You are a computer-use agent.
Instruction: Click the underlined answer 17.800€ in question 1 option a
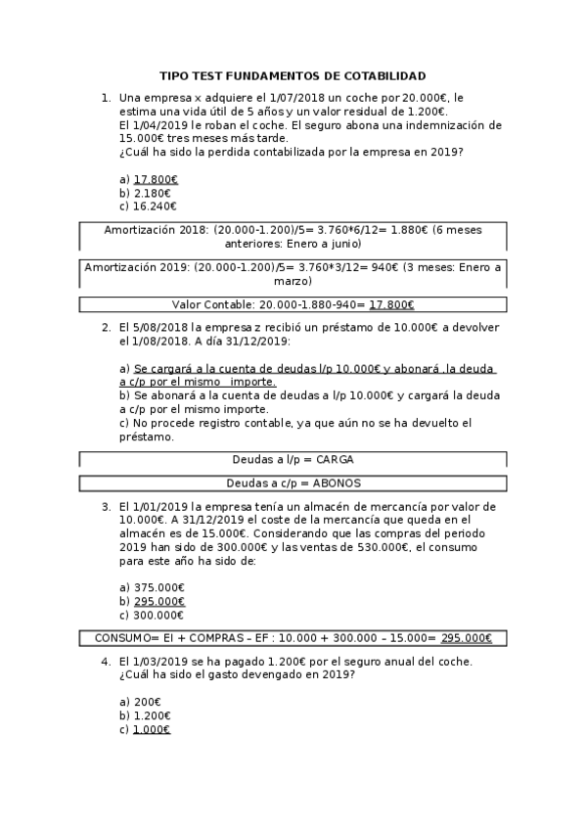(156, 180)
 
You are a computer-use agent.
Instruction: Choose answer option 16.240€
(155, 207)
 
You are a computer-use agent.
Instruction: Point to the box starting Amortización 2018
(293, 237)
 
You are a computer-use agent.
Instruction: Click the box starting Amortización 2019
(293, 273)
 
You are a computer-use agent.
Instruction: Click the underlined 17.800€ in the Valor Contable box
(391, 304)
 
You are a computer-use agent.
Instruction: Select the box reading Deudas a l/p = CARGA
(293, 459)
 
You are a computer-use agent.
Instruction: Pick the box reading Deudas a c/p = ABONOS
(293, 483)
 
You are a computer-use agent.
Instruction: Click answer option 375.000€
(158, 587)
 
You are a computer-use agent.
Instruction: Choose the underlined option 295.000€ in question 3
(158, 601)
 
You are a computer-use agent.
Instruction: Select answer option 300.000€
(158, 615)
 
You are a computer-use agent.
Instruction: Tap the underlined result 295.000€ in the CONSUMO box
(466, 638)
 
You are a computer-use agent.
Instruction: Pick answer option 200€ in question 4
(147, 702)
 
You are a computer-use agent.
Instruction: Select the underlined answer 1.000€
(152, 729)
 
